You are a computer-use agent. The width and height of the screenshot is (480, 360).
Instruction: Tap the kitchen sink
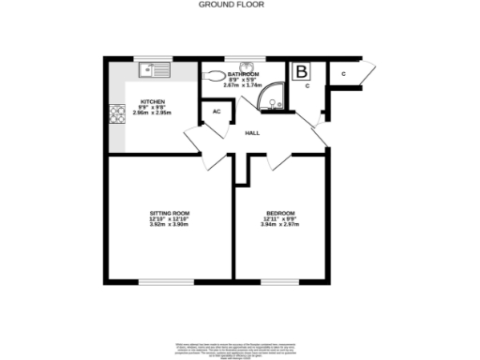pos(152,68)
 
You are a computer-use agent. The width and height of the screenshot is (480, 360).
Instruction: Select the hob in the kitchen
pos(119,114)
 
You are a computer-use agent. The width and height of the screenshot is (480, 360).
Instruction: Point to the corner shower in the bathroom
pos(276,93)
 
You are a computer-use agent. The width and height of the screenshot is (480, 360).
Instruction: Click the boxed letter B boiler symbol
pos(302,71)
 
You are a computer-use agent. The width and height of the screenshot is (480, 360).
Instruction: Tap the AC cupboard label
pos(216,112)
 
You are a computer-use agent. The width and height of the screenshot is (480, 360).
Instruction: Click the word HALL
pos(252,133)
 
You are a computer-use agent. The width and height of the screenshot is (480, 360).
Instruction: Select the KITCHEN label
pos(152,100)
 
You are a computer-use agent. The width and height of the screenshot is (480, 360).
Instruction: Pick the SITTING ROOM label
pos(170,215)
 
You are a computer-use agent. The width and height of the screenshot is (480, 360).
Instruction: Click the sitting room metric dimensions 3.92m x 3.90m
pos(170,226)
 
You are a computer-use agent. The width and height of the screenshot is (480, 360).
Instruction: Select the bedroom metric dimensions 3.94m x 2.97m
pos(280,226)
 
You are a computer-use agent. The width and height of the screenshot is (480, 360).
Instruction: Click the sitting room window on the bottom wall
pos(167,281)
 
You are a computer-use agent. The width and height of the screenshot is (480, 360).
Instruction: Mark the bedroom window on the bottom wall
pos(279,281)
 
